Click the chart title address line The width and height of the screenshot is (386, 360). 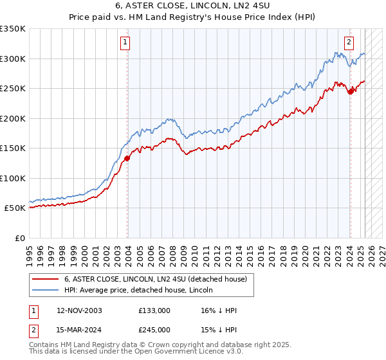192,6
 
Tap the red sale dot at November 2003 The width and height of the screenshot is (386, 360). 127,158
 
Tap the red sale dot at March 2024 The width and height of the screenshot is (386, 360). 351,91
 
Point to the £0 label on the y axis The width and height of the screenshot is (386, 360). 19,238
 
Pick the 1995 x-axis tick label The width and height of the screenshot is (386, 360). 30,251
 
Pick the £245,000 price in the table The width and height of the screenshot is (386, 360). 154,330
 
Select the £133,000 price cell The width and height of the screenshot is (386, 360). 154,310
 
